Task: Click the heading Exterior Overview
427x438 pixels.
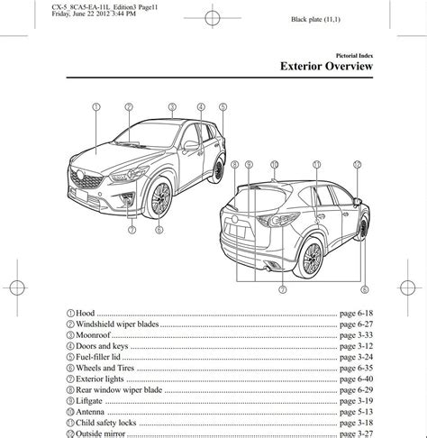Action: coord(326,66)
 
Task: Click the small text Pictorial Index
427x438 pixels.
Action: coord(354,56)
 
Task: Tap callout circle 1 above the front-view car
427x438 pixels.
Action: coord(96,107)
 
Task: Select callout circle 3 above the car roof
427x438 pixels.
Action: coord(172,107)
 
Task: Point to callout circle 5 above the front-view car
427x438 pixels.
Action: coord(223,107)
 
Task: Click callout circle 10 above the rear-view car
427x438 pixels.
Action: coord(275,165)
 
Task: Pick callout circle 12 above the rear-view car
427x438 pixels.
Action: coord(357,165)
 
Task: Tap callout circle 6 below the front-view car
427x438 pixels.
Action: coord(159,230)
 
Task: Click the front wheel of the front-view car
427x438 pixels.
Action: coord(159,198)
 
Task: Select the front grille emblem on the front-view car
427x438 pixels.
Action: coord(80,175)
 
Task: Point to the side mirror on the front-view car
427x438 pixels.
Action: coord(191,145)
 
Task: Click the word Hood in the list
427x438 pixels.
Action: coord(85,313)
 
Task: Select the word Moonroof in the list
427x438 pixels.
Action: coord(93,335)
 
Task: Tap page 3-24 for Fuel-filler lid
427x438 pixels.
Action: coord(356,357)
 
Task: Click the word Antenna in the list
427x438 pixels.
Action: coord(90,412)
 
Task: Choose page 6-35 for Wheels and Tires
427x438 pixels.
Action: coord(356,368)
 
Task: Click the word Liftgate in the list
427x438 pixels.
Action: coord(89,401)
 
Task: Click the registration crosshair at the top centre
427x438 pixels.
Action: coord(213,18)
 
